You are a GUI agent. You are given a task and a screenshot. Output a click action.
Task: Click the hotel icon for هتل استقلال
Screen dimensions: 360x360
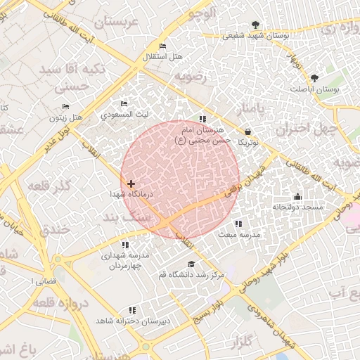[163, 46]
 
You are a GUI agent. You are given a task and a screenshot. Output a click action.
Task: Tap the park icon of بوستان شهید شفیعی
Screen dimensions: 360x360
[264, 25]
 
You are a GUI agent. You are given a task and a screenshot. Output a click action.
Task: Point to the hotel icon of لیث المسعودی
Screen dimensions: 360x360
[124, 104]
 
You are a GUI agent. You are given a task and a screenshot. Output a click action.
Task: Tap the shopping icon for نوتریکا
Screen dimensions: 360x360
[248, 131]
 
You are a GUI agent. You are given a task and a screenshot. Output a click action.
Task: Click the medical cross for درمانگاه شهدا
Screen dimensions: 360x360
[131, 184]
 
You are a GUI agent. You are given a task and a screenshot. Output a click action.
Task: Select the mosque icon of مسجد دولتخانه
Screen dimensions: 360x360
[297, 197]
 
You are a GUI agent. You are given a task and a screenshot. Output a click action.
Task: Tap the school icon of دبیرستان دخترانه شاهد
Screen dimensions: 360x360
[131, 310]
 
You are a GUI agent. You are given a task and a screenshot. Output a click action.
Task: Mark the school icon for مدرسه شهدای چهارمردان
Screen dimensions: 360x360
[125, 245]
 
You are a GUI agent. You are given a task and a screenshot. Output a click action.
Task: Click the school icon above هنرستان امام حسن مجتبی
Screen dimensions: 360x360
[202, 120]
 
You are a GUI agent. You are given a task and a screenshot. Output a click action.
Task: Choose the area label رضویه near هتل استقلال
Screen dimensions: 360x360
[191, 76]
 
